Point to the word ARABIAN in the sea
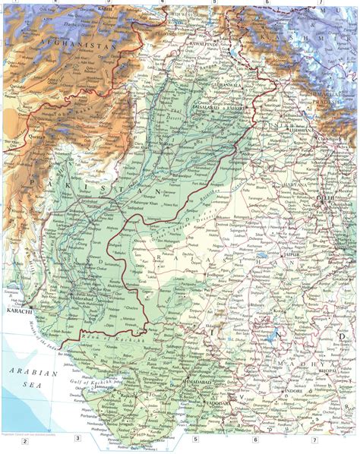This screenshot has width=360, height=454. point(31,373)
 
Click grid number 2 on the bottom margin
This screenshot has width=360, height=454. point(24,442)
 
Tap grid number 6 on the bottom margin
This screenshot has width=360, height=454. point(256,440)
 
